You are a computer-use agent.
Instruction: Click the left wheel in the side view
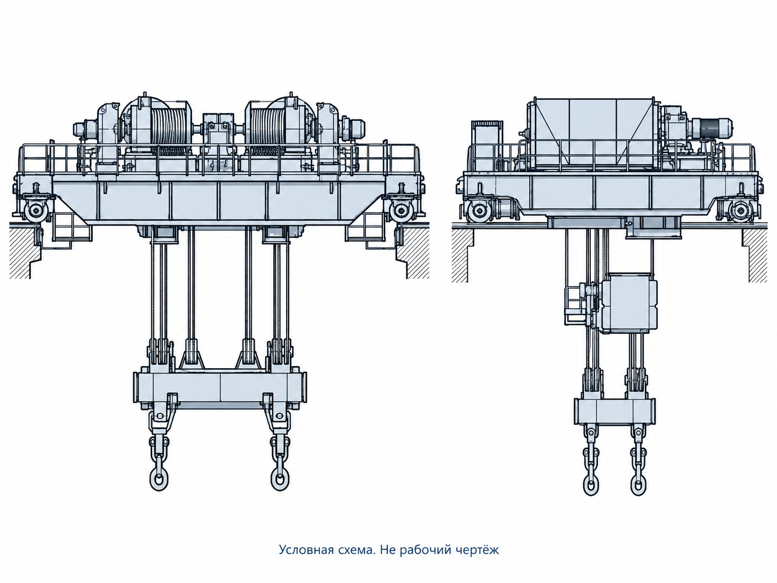479,212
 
